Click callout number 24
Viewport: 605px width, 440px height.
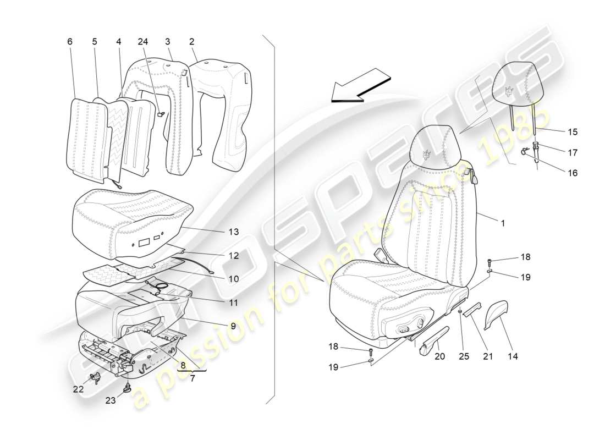click(x=143, y=42)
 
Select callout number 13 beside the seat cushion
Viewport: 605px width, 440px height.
click(x=234, y=232)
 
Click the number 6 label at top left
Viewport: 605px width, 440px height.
click(x=69, y=42)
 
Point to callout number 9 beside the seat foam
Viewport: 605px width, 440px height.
click(x=233, y=326)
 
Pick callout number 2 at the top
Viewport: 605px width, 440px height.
click(x=192, y=42)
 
